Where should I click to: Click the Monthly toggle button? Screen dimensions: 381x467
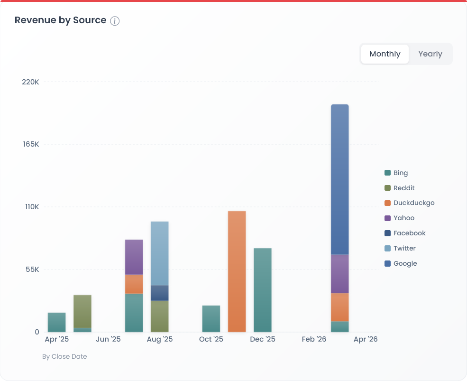[385, 54]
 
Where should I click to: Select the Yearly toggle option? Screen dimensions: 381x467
[430, 54]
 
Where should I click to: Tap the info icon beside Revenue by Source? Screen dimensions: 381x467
[115, 21]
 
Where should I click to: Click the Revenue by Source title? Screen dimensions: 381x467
[60, 20]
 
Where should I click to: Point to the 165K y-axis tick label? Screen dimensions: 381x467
[30, 144]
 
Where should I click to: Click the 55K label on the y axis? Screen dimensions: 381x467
[32, 269]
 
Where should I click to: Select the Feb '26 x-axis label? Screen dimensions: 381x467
[314, 339]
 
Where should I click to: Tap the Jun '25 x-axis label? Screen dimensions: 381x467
[109, 339]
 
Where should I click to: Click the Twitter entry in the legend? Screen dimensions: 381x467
[404, 248]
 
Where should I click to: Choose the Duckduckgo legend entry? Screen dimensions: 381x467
[413, 203]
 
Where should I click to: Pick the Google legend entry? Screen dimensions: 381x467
[405, 263]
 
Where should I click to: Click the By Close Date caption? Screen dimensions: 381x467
[64, 356]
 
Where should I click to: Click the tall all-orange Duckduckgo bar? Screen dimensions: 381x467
[237, 271]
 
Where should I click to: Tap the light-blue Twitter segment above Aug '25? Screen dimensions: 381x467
[160, 253]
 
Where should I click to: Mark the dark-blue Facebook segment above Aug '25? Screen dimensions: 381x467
[160, 293]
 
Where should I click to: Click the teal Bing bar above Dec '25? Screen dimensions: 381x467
[263, 290]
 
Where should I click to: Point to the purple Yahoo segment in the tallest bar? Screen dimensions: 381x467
[339, 274]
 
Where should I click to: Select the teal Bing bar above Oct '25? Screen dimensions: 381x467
[211, 319]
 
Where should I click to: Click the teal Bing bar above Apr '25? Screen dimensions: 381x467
[57, 322]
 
